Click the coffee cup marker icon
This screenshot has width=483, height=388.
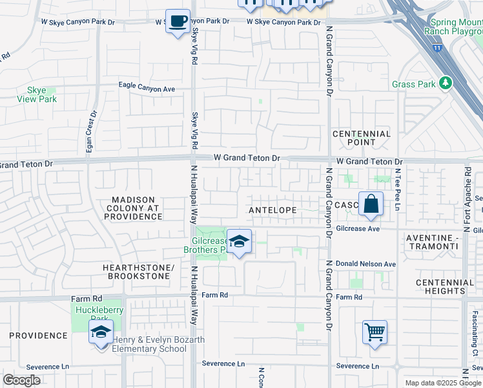pyautogui.click(x=178, y=21)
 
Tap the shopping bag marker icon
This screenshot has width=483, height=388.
pyautogui.click(x=371, y=204)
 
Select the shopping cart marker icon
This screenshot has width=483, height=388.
pyautogui.click(x=375, y=332)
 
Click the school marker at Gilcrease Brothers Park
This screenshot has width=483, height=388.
pyautogui.click(x=239, y=242)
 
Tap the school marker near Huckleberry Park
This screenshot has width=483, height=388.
pyautogui.click(x=101, y=332)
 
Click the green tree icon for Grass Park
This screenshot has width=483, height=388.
pyautogui.click(x=444, y=83)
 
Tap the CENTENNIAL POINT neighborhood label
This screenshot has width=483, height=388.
pyautogui.click(x=362, y=138)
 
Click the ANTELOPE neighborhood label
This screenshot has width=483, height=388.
pyautogui.click(x=273, y=211)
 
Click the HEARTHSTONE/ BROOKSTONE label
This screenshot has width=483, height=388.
pyautogui.click(x=138, y=272)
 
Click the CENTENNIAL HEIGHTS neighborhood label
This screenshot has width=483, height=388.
pyautogui.click(x=440, y=287)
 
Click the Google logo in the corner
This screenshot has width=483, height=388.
pyautogui.click(x=21, y=380)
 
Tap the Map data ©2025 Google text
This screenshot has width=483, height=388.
pyautogui.click(x=442, y=383)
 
